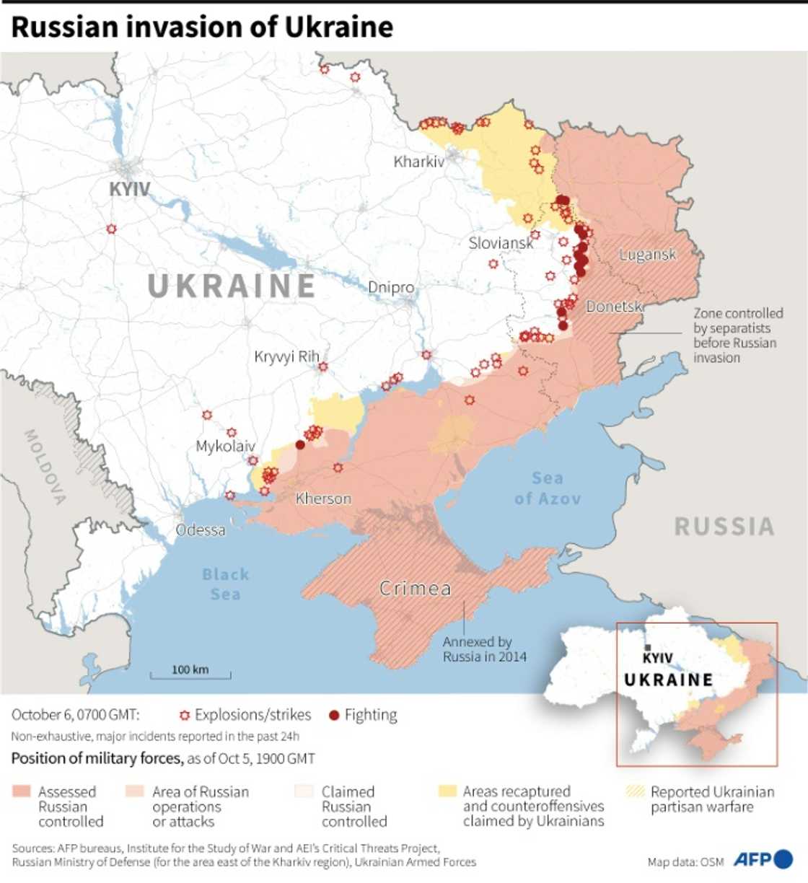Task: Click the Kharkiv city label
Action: tap(418, 162)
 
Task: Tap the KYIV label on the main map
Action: tap(130, 189)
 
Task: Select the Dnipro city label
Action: tap(391, 287)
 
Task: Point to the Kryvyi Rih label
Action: tap(286, 356)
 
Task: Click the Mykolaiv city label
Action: tap(225, 446)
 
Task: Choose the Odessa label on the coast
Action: tap(201, 530)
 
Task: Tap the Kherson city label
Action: tap(323, 498)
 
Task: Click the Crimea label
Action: tap(416, 589)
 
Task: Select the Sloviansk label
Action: tap(501, 243)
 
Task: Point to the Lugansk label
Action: tap(647, 255)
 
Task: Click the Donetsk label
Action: tap(613, 307)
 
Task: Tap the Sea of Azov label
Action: tap(547, 488)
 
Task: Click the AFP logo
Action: tap(763, 859)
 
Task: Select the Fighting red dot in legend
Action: tap(333, 716)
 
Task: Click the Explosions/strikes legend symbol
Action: tap(185, 716)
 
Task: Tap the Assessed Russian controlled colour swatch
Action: tap(22, 792)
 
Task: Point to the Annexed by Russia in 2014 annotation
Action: tap(484, 649)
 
